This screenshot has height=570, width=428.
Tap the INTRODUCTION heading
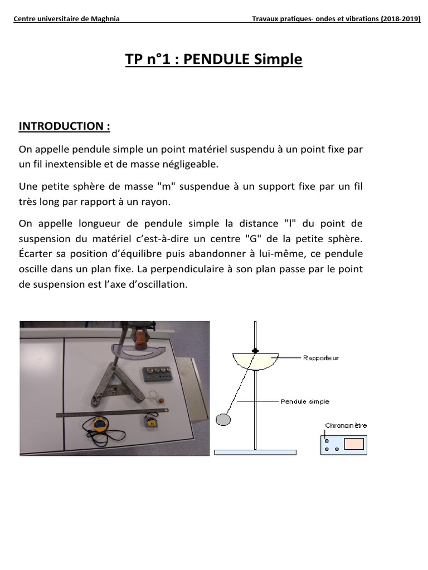64,126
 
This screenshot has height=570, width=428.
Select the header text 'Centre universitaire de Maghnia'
66,19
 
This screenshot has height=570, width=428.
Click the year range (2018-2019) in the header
401,19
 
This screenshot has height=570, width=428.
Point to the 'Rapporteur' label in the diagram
320,358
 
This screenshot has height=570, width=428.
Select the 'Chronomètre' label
346,426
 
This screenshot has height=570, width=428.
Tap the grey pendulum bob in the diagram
223,419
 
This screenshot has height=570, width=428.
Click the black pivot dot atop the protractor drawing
255,351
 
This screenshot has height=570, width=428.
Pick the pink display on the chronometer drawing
354,444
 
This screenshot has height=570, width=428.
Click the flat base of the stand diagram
255,453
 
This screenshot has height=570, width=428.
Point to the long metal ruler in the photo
111,412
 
